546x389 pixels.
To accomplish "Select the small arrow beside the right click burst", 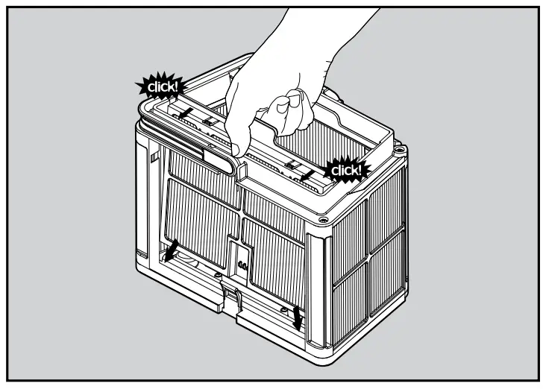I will pyautogui.click(x=307, y=173).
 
